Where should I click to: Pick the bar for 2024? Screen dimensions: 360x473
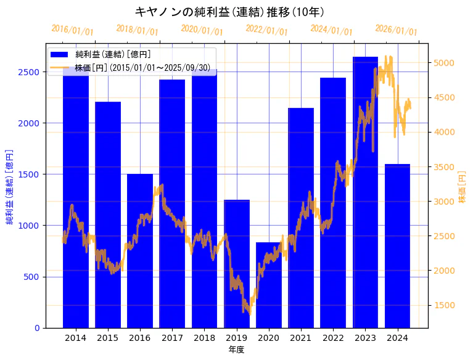point(398,246)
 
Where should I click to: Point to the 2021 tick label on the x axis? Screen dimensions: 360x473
point(301,338)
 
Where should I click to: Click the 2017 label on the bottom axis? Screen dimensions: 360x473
point(172,338)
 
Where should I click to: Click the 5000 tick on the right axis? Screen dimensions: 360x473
point(444,63)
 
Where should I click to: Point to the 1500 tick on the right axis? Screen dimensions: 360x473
point(444,305)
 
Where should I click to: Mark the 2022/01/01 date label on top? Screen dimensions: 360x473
point(266,30)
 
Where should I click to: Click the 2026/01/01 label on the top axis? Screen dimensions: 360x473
point(396,30)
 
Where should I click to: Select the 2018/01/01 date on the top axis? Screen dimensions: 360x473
point(137,30)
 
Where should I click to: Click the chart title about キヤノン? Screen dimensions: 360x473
point(230,12)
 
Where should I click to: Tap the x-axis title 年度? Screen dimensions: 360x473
point(236,350)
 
